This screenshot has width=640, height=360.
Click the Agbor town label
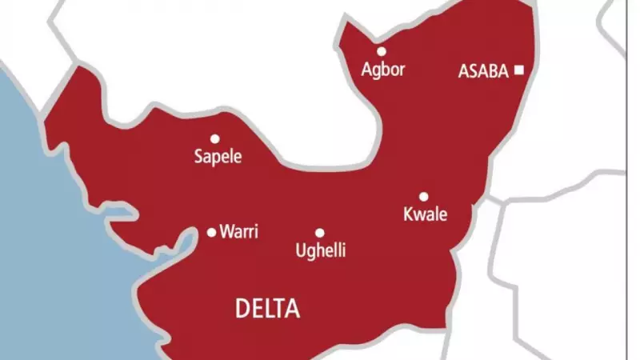pyautogui.click(x=382, y=70)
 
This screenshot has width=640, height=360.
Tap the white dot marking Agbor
pyautogui.click(x=382, y=51)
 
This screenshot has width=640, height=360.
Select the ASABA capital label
pyautogui.click(x=483, y=71)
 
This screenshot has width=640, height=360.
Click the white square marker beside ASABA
pyautogui.click(x=518, y=70)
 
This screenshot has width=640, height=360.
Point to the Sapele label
pyautogui.click(x=218, y=157)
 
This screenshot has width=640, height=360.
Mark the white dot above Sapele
pyautogui.click(x=214, y=138)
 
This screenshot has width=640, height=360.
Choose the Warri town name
pyautogui.click(x=239, y=233)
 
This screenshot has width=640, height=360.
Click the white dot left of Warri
pyautogui.click(x=211, y=233)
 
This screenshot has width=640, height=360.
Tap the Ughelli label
pyautogui.click(x=320, y=251)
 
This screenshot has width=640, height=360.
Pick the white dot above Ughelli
pyautogui.click(x=319, y=233)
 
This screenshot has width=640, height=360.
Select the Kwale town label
pyautogui.click(x=425, y=215)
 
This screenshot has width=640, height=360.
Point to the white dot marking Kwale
pyautogui.click(x=423, y=197)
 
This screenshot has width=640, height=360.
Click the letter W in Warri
pyautogui.click(x=227, y=233)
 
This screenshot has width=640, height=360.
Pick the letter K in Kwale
pyautogui.click(x=407, y=215)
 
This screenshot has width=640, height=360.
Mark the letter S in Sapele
pyautogui.click(x=199, y=157)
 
